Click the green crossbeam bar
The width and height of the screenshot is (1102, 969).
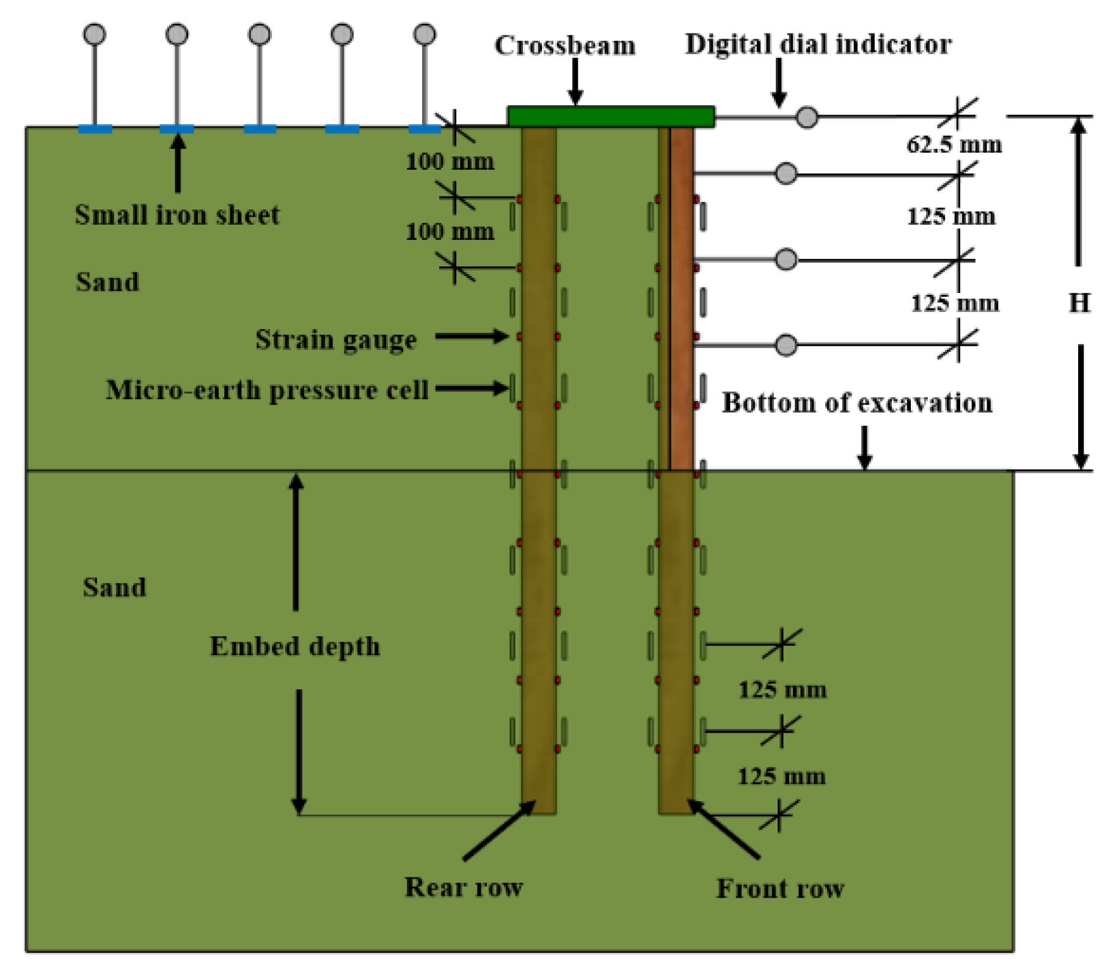611,116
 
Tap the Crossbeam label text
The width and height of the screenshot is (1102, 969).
564,46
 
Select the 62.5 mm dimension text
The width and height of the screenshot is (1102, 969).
954,145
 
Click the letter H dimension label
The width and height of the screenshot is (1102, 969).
1079,303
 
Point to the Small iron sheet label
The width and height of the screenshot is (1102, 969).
177,215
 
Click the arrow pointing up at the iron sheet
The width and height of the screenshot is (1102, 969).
178,163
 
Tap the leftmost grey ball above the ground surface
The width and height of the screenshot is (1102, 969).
95,34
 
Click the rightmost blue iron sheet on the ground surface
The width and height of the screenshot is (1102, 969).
424,129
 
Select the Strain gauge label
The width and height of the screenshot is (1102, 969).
336,339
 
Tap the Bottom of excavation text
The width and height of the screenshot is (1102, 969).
856,403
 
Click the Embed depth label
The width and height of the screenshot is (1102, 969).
294,647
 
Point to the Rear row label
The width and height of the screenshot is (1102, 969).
464,887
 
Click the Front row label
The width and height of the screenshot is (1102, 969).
780,888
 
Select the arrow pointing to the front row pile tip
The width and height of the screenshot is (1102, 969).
724,829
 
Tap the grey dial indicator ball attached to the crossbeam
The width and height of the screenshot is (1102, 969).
806,117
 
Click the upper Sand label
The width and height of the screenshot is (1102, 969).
107,282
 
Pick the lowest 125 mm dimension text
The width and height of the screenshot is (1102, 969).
781,777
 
